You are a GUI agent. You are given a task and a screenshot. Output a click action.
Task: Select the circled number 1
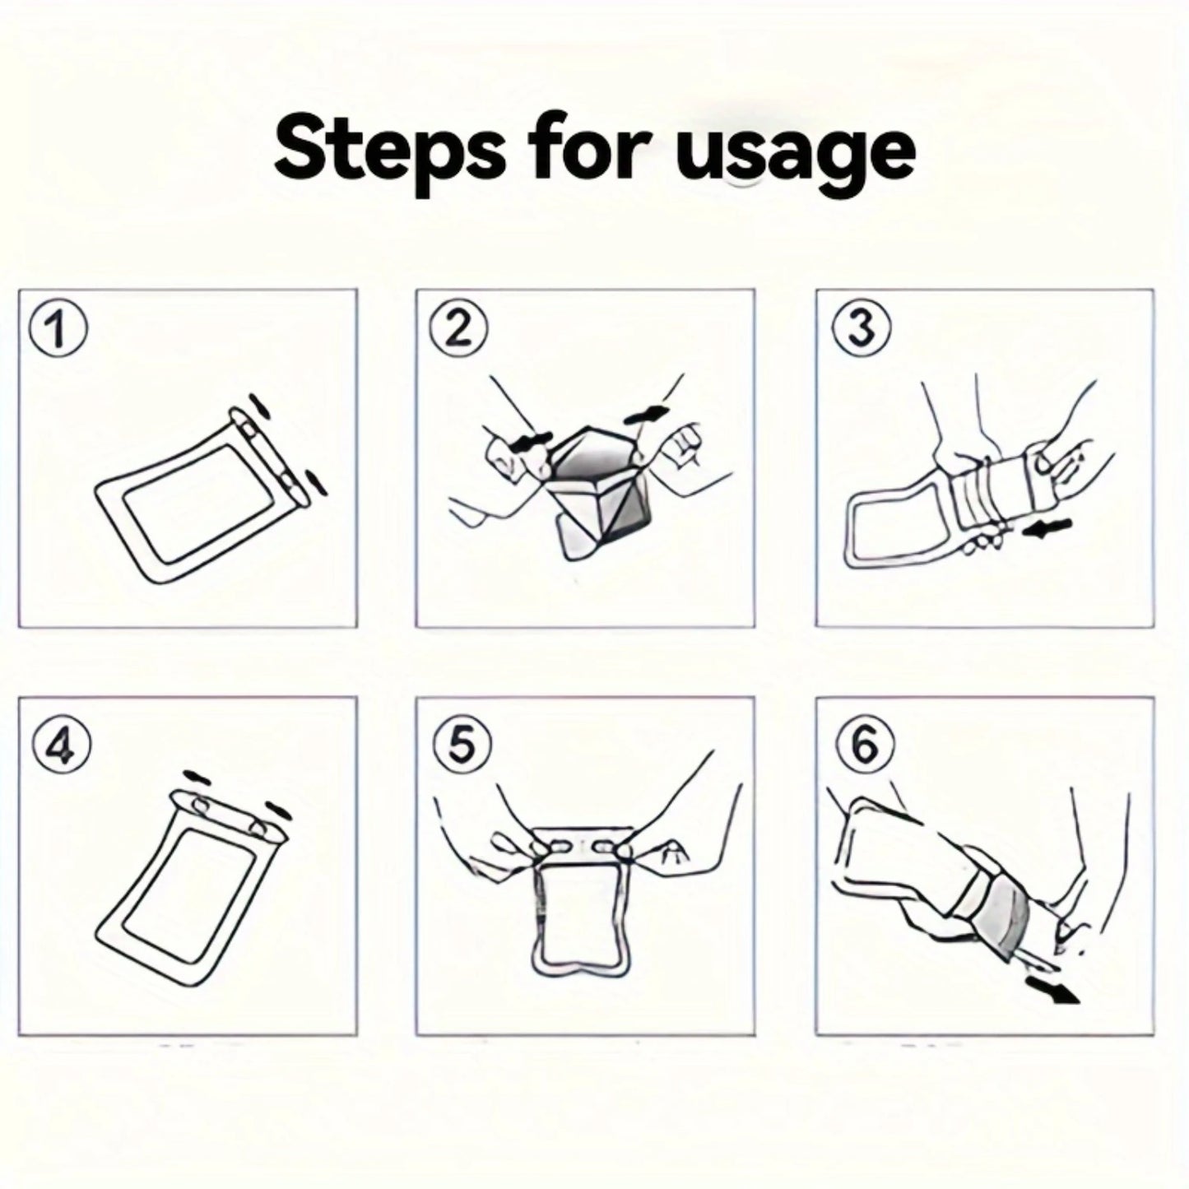tap(57, 332)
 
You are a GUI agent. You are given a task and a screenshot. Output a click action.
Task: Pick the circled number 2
tap(459, 330)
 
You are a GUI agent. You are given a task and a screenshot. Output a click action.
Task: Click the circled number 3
tap(861, 330)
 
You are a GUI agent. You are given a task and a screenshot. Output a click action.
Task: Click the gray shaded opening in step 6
tap(1006, 917)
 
